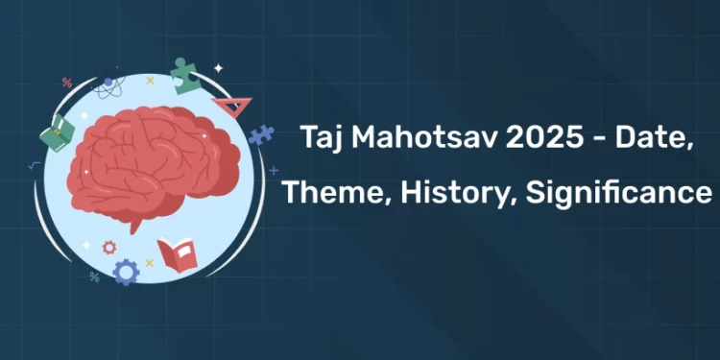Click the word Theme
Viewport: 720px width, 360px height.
click(x=323, y=193)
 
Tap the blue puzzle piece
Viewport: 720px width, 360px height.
click(x=260, y=135)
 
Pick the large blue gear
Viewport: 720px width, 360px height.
click(x=125, y=273)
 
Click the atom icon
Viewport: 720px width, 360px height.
click(x=108, y=86)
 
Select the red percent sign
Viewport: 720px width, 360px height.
click(x=66, y=83)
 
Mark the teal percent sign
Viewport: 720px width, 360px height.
click(x=94, y=276)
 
